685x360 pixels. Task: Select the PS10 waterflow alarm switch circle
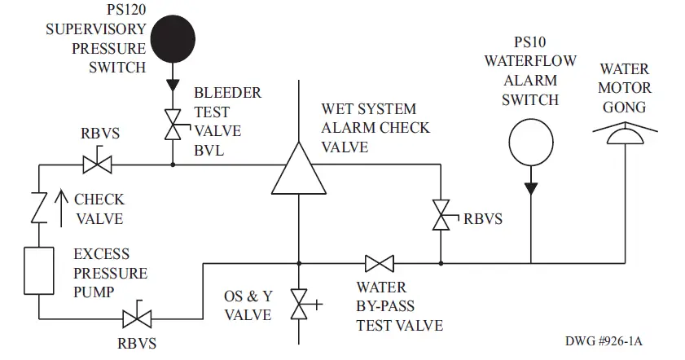(x=530, y=142)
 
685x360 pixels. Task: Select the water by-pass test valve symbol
(x=379, y=263)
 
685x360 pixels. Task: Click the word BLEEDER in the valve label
(x=227, y=93)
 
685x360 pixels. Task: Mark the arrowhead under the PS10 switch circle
(x=530, y=188)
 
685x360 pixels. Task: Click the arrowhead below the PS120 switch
(x=173, y=86)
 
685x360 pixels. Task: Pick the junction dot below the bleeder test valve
(x=173, y=164)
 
